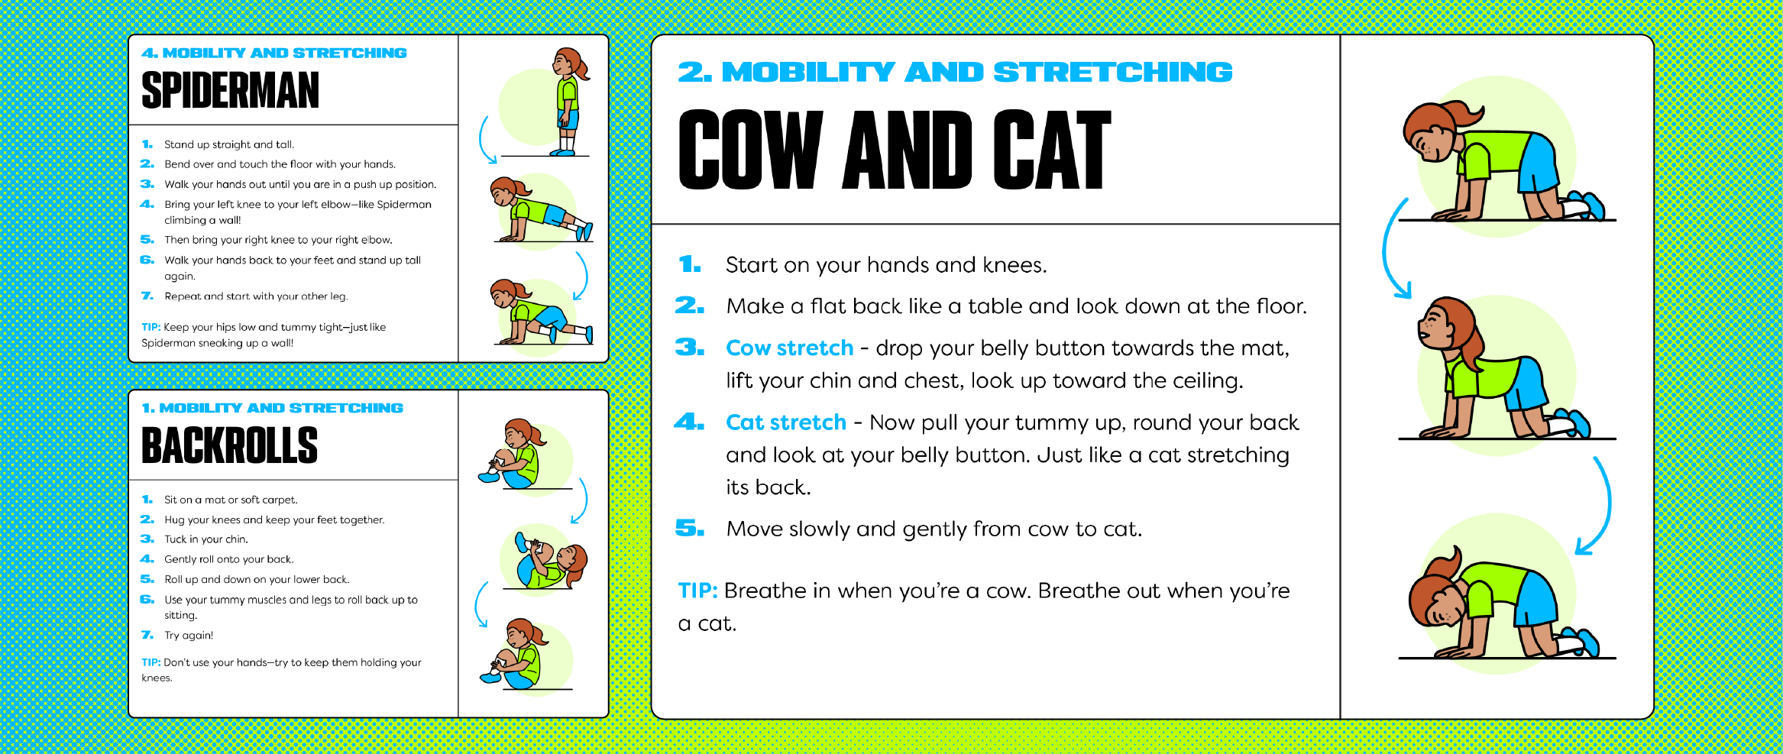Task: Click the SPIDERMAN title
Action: [x=230, y=90]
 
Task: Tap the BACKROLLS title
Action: [x=229, y=445]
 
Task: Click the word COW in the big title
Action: [x=751, y=149]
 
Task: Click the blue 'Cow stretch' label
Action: [x=789, y=348]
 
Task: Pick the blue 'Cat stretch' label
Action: [x=786, y=422]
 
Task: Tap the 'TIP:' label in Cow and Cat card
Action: [x=697, y=591]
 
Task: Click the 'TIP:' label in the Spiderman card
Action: [x=150, y=327]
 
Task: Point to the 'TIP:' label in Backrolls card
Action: [x=150, y=662]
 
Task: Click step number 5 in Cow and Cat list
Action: [x=690, y=528]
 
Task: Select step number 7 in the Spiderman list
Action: [x=147, y=296]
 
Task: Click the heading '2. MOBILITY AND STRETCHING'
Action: [x=955, y=73]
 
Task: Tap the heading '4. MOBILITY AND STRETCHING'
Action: [x=274, y=53]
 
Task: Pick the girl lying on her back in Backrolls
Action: [x=551, y=562]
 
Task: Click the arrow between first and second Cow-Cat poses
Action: [x=1390, y=248]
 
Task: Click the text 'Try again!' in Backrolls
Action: [x=189, y=635]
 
